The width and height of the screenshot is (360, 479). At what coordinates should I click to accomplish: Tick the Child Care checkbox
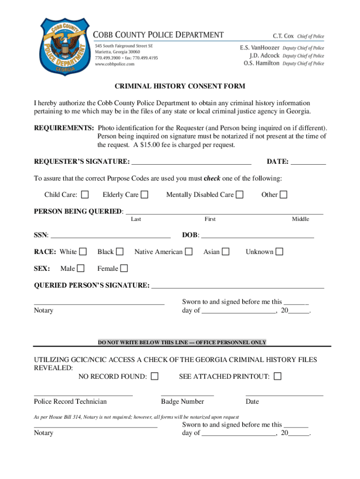point(86,195)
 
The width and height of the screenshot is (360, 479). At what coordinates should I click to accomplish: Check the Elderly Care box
point(144,195)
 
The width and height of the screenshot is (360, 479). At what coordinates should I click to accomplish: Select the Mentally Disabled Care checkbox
point(239,195)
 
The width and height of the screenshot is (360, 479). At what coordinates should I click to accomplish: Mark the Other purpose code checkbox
point(284,195)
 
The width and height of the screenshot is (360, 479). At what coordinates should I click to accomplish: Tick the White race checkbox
point(83,252)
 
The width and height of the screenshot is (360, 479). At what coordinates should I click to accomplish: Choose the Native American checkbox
point(188,252)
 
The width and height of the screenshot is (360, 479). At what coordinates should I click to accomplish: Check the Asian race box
point(225,252)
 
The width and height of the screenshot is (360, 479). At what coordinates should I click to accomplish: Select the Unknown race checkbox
point(279,252)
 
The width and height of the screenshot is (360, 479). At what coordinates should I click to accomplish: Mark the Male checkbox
point(81,268)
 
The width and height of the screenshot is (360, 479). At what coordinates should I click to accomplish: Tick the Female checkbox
point(124,268)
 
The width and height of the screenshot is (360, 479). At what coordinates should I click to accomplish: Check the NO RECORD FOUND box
point(155,376)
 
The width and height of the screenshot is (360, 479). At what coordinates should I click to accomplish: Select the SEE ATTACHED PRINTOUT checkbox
point(278,376)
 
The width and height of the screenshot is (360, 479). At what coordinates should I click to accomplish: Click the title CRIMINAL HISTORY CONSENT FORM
point(180,87)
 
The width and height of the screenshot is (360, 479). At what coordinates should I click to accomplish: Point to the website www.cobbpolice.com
point(115,64)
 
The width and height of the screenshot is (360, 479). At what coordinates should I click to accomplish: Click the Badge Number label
point(182,401)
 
